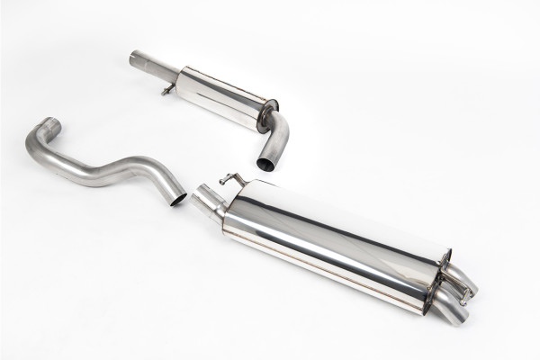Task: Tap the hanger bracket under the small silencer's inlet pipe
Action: coord(166,89)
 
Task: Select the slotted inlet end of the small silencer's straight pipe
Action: coord(134,57)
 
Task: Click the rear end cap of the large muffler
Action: coord(432,279)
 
